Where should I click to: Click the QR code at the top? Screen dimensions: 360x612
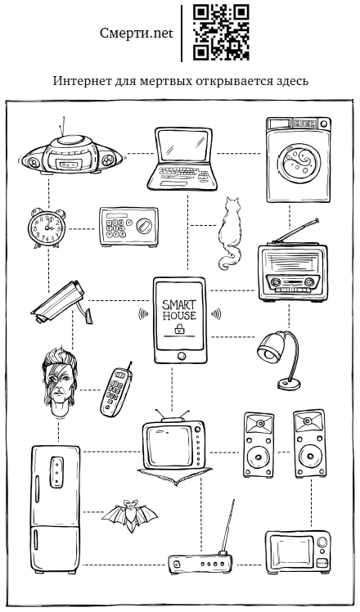(x=221, y=33)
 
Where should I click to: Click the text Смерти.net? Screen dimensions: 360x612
(x=137, y=34)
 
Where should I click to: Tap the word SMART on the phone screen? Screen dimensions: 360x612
(x=179, y=305)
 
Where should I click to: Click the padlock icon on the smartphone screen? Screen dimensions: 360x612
(x=179, y=328)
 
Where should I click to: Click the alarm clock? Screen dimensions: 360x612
(x=47, y=228)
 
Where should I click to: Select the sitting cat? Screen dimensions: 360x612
(x=230, y=233)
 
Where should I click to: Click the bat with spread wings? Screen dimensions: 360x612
(x=130, y=515)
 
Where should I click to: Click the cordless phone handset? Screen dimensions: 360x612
(x=116, y=391)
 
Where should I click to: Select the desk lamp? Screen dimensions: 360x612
(x=279, y=359)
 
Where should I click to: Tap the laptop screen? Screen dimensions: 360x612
(x=184, y=145)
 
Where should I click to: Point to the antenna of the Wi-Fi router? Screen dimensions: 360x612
(x=227, y=525)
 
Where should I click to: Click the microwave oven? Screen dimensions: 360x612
(x=298, y=551)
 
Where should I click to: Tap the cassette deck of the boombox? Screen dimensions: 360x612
(x=70, y=164)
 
